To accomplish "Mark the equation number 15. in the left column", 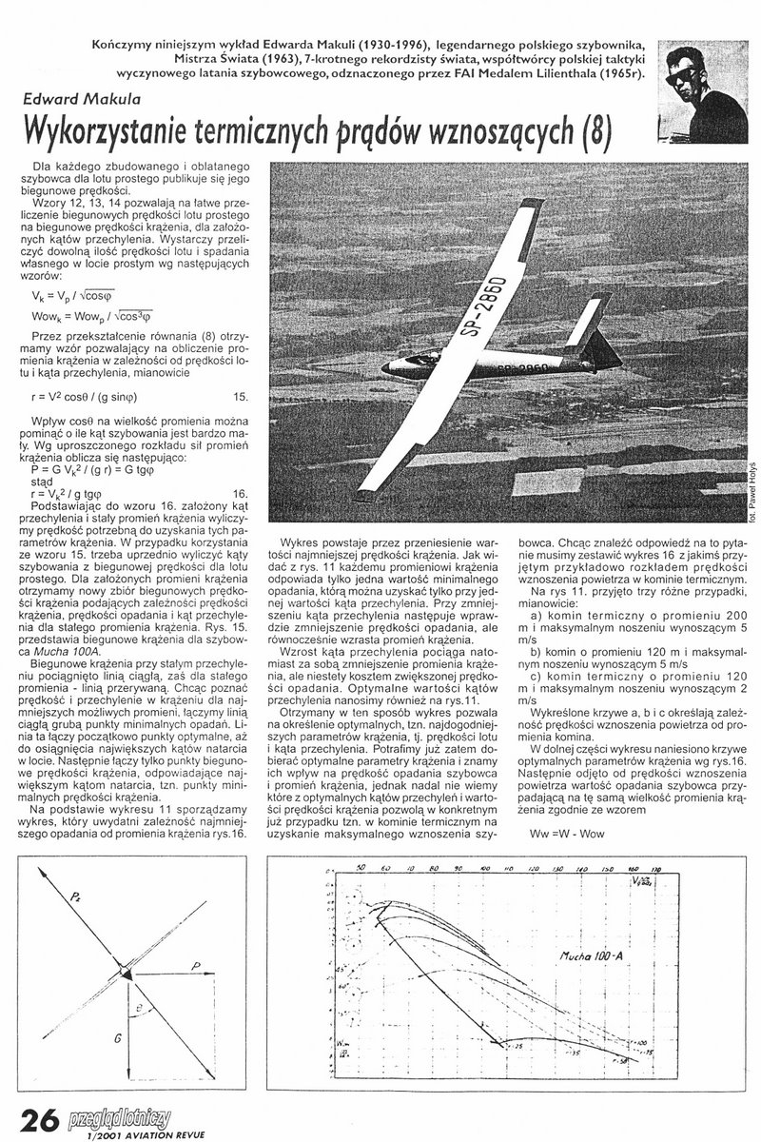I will point(240,395).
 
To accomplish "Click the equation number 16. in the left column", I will point(240,493).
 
